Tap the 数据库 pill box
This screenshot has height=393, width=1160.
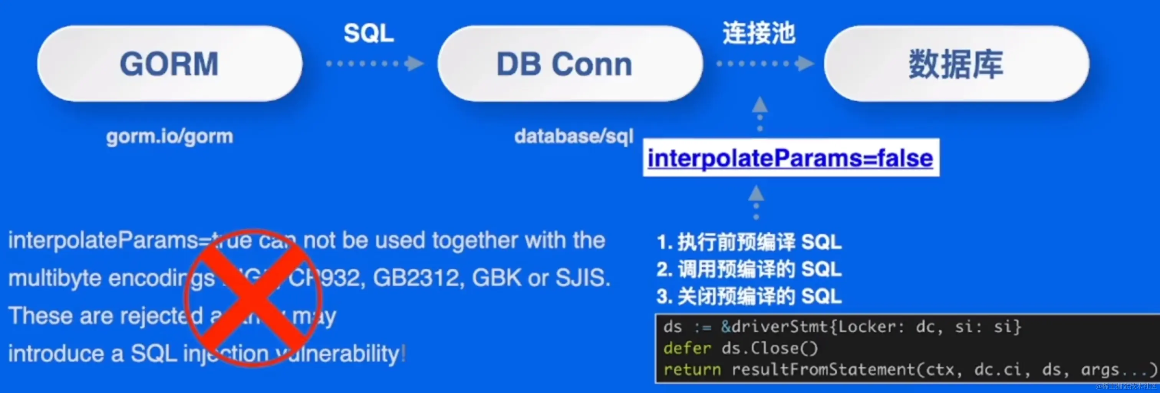click(956, 64)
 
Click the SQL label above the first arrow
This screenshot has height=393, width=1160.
click(369, 33)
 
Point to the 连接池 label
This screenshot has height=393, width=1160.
click(759, 33)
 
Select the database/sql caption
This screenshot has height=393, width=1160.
click(574, 136)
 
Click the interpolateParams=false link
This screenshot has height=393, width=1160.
click(790, 158)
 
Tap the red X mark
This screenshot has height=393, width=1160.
click(253, 298)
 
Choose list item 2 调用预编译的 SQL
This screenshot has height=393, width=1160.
click(749, 269)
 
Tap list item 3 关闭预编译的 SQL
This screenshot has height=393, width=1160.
click(749, 296)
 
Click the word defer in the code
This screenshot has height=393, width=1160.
click(687, 348)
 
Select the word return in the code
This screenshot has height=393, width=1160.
click(692, 370)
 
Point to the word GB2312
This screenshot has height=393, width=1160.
click(418, 278)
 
